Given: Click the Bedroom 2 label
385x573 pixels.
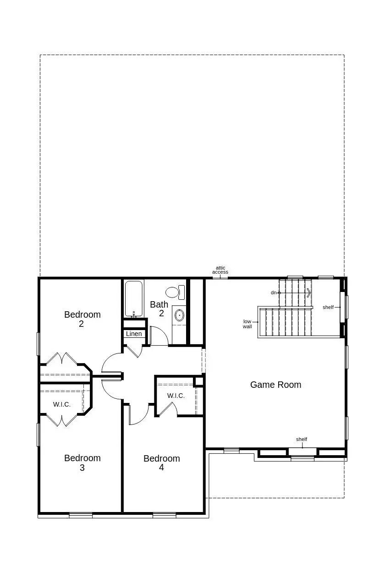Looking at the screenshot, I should pyautogui.click(x=82, y=319).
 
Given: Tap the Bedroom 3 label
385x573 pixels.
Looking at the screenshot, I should pyautogui.click(x=82, y=463).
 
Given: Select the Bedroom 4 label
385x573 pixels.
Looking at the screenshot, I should pyautogui.click(x=161, y=463).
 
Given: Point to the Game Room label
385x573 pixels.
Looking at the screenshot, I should pyautogui.click(x=275, y=385).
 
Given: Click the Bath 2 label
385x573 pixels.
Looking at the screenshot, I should pyautogui.click(x=159, y=309).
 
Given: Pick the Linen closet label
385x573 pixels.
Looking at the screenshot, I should pyautogui.click(x=134, y=334).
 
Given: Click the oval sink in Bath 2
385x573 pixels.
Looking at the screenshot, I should pyautogui.click(x=179, y=315).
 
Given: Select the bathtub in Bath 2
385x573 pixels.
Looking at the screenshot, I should pyautogui.click(x=134, y=298).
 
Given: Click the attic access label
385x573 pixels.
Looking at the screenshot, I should pyautogui.click(x=220, y=270).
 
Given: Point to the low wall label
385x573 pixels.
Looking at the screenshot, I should pyautogui.click(x=247, y=324).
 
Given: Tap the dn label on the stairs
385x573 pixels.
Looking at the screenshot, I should pyautogui.click(x=274, y=292).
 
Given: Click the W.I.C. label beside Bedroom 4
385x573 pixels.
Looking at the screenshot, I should pyautogui.click(x=176, y=396).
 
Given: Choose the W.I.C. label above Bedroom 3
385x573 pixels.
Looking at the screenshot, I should pyautogui.click(x=62, y=404).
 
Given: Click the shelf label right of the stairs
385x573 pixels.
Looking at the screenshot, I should pyautogui.click(x=328, y=307).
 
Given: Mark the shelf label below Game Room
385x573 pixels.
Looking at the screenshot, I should pyautogui.click(x=302, y=439).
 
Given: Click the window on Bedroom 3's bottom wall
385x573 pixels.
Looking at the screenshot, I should pyautogui.click(x=81, y=515).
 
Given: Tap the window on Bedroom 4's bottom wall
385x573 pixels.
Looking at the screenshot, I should pyautogui.click(x=164, y=515).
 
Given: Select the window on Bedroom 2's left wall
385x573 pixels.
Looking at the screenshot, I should pyautogui.click(x=38, y=344).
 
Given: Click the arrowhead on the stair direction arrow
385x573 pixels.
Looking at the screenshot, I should pyautogui.click(x=309, y=292).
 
